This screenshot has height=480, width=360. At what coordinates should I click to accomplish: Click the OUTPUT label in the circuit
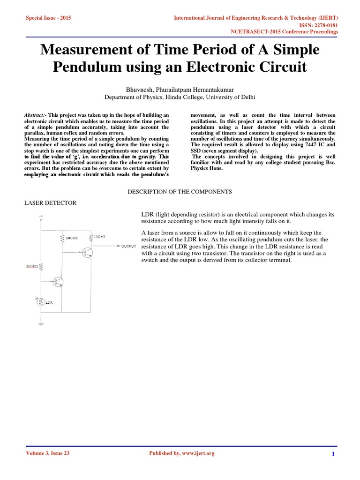[128, 246]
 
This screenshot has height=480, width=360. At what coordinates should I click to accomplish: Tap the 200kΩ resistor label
[32, 266]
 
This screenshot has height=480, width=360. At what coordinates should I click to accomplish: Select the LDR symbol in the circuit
[41, 302]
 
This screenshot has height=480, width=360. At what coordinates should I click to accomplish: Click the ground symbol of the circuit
[41, 323]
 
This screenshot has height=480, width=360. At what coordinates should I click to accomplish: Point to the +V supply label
[40, 216]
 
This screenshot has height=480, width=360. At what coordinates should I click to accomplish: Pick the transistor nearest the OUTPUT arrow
[87, 253]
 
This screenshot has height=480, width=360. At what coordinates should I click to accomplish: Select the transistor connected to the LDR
[58, 282]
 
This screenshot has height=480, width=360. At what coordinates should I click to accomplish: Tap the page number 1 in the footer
[333, 454]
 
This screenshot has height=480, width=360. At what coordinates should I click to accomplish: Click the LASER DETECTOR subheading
[50, 202]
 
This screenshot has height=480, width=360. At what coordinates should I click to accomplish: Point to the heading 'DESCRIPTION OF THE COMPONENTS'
[180, 192]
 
